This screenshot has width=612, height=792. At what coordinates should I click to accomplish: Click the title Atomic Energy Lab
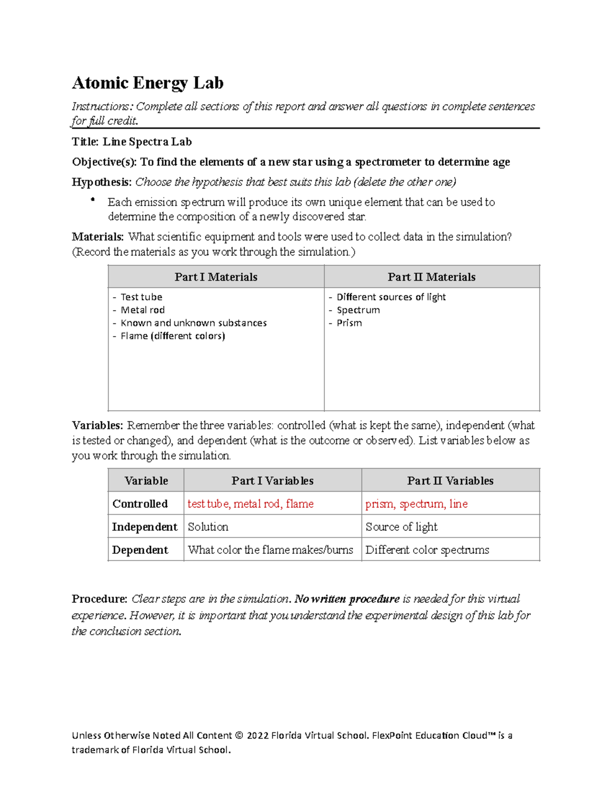[147, 83]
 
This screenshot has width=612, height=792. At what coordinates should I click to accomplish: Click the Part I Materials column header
[216, 277]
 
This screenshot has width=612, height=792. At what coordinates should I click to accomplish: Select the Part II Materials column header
[431, 277]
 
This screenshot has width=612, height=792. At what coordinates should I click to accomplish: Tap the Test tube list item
[141, 297]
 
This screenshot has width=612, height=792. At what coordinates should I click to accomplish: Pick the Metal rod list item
[142, 310]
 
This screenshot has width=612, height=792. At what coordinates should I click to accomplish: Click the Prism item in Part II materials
[349, 323]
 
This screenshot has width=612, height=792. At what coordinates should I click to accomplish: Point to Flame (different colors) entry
[172, 336]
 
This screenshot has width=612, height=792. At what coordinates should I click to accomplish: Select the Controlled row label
[140, 504]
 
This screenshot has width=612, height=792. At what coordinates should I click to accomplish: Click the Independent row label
[144, 527]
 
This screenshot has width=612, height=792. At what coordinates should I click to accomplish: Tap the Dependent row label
[140, 550]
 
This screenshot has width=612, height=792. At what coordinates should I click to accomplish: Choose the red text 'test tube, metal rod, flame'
[250, 504]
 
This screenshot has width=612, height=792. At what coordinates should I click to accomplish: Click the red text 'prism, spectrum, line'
[416, 504]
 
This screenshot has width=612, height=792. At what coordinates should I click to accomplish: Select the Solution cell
[208, 527]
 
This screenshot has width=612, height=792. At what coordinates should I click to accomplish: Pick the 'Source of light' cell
[401, 527]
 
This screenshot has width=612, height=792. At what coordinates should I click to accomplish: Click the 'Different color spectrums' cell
[427, 550]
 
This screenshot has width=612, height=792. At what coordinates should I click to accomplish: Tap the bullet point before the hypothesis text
[92, 200]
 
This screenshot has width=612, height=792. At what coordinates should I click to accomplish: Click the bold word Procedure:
[99, 599]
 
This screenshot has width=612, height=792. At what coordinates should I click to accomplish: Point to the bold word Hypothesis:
[101, 182]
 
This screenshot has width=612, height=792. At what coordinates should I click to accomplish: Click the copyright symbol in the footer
[239, 735]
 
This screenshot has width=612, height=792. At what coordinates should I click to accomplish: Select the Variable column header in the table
[146, 480]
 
